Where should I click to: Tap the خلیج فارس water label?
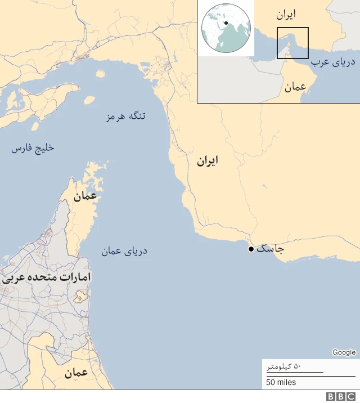[x=33, y=149]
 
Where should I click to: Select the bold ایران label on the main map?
[x=207, y=162]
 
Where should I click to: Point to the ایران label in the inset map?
[x=286, y=14]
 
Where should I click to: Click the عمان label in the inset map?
[x=295, y=87]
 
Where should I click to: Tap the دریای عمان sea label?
[x=124, y=251]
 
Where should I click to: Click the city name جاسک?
[x=270, y=248]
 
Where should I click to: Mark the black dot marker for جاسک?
[x=251, y=249]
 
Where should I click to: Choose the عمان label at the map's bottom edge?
[x=76, y=373]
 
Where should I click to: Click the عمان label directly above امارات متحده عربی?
[x=84, y=196]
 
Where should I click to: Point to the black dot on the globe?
[x=226, y=23]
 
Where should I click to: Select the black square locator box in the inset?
[x=292, y=43]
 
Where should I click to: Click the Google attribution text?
[x=344, y=352]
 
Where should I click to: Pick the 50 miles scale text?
[x=281, y=383]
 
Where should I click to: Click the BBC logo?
[x=339, y=396]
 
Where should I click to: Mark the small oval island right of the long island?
[x=89, y=100]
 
